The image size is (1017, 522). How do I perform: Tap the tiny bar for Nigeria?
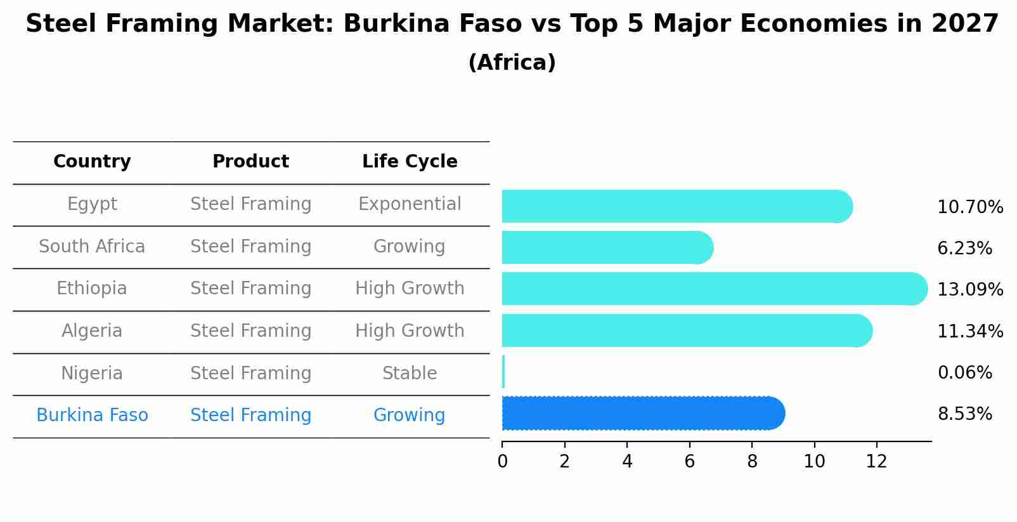[x=503, y=372]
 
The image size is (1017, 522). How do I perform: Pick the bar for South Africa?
[x=606, y=247]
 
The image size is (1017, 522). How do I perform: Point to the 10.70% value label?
[x=969, y=207]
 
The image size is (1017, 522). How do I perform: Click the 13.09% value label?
[x=969, y=290]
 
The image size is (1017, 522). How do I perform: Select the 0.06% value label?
[x=964, y=373]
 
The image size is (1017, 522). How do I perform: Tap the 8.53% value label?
[x=964, y=414]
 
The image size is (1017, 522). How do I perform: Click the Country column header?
[x=92, y=162]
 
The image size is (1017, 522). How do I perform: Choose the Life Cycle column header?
[x=410, y=162]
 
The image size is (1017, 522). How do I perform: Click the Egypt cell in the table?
[x=92, y=204]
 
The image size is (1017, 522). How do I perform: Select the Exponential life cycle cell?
[x=410, y=204]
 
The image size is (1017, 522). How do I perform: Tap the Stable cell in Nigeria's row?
[x=410, y=374]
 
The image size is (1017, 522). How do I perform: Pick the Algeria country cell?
[x=92, y=331]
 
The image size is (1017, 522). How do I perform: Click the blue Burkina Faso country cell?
[x=92, y=415]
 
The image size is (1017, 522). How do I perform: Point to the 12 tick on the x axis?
[x=876, y=462]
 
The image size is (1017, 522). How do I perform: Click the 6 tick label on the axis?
[x=689, y=462]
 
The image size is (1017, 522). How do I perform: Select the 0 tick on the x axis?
[x=502, y=462]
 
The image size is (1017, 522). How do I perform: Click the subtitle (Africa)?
[x=512, y=63]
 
